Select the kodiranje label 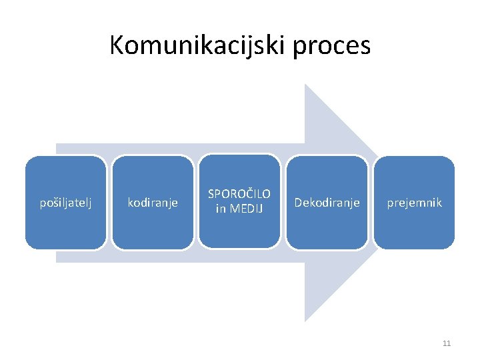pyautogui.click(x=153, y=203)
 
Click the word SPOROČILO pyautogui.click(x=239, y=194)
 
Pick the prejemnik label pyautogui.click(x=414, y=203)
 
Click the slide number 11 pyautogui.click(x=447, y=343)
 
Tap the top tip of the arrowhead pyautogui.click(x=306, y=85)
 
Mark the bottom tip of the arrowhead pyautogui.click(x=306, y=320)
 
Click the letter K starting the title pyautogui.click(x=117, y=45)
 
